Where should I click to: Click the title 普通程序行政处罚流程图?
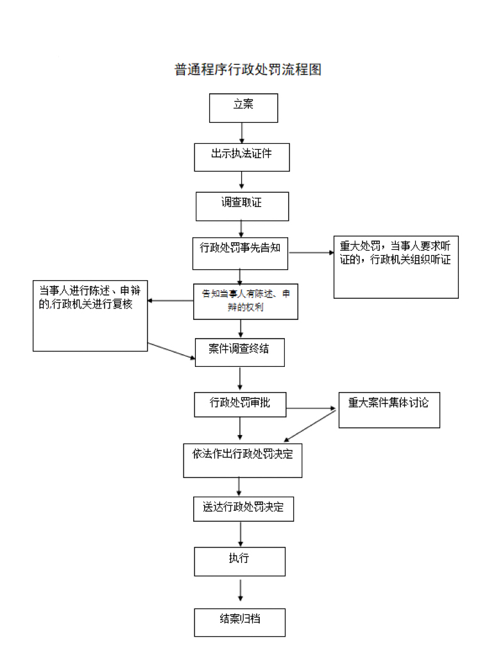point(248,69)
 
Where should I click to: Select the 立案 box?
point(243,108)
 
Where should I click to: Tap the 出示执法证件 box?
point(242,157)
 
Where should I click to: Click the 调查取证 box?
point(242,206)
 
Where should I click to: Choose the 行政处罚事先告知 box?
point(240,253)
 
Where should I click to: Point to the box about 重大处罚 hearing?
point(396,267)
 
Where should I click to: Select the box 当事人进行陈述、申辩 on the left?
point(90,316)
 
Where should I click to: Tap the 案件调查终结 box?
point(239,352)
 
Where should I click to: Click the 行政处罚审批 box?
point(240,405)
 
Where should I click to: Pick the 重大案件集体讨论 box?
point(389,409)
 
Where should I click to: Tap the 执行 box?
point(239,561)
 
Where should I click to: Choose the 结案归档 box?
point(239,622)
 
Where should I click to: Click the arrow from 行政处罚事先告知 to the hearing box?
point(311,253)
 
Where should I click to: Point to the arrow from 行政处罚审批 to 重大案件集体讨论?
point(312,408)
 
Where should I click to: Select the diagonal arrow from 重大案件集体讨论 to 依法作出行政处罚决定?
point(311,425)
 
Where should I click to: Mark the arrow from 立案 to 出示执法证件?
point(242,132)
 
